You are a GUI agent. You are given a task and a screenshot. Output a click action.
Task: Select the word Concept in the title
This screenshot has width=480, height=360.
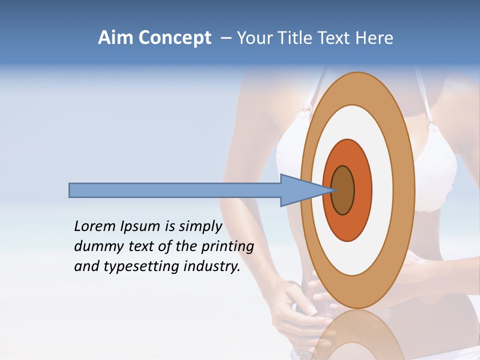175,38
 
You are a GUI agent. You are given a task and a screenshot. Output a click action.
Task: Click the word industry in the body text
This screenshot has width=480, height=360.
211,266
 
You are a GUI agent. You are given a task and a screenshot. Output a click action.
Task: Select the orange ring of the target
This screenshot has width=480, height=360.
363,190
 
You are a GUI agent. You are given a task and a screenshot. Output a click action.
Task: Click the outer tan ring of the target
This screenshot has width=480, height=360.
406,190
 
